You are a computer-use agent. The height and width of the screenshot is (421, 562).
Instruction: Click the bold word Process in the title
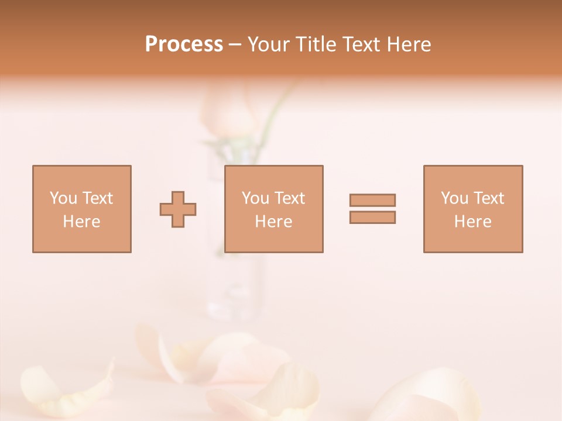(184, 44)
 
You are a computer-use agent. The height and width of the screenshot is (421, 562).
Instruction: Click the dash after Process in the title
(235, 45)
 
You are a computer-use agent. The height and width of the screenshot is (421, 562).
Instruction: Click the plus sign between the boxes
(178, 209)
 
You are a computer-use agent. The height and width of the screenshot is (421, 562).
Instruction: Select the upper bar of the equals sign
(372, 200)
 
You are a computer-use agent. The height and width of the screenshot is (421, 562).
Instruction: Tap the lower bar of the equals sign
(372, 218)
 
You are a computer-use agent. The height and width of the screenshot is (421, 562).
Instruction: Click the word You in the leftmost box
(63, 198)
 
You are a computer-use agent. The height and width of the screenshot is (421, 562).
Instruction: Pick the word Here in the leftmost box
(81, 222)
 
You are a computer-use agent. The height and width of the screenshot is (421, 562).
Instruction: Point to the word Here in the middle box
(273, 222)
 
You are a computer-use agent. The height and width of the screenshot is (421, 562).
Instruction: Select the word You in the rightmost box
(454, 198)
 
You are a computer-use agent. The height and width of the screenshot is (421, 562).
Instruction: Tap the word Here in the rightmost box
(472, 222)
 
